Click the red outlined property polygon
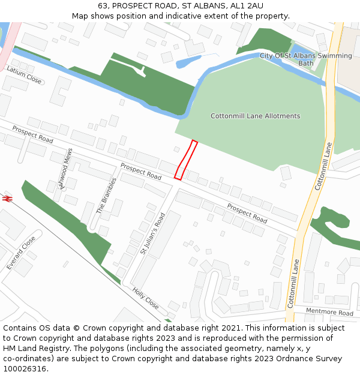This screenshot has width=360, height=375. (x=185, y=160)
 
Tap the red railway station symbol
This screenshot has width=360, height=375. (x=8, y=197)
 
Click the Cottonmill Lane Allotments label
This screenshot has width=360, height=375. (x=255, y=116)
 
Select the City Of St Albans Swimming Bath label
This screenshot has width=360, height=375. (x=306, y=59)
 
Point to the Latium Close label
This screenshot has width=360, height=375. (x=24, y=74)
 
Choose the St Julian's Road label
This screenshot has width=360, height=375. (x=152, y=233)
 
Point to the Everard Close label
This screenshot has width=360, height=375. (x=21, y=252)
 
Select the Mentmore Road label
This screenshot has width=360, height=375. (x=329, y=313)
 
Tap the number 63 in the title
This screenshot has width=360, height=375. (x=103, y=5)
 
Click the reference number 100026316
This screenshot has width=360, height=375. (x=23, y=369)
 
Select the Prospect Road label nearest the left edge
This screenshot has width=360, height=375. (x=32, y=134)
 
